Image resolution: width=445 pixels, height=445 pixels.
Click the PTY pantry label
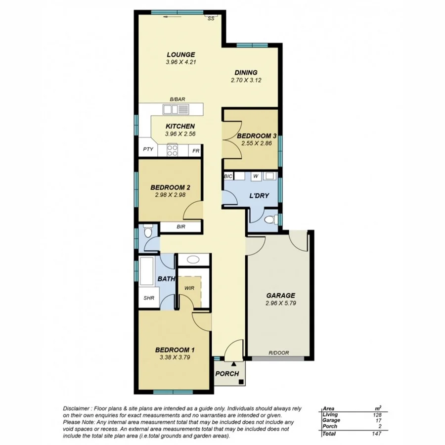click(147, 150)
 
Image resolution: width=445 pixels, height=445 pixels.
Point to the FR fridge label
click(196, 150)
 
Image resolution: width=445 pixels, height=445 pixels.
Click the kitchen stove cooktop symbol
click(172, 150)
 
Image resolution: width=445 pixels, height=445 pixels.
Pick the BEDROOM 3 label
click(256, 136)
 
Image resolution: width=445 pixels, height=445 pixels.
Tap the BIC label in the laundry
click(228, 176)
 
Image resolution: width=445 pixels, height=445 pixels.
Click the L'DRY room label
click(259, 195)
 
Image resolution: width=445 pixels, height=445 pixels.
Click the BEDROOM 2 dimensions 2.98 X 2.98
click(171, 195)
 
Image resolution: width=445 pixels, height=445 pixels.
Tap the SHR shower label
click(149, 298)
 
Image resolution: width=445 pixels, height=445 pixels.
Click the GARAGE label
click(280, 295)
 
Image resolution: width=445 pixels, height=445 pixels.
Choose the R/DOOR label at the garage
click(279, 353)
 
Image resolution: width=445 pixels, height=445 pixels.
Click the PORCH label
click(227, 374)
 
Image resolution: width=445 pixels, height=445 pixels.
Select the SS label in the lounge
click(211, 18)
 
